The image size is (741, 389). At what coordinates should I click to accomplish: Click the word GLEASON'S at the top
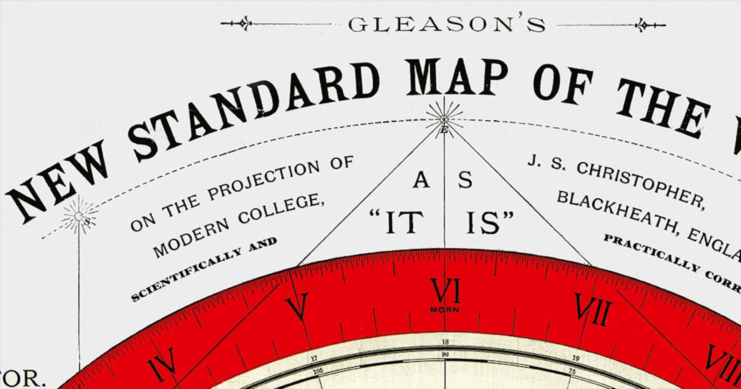pyautogui.click(x=447, y=25)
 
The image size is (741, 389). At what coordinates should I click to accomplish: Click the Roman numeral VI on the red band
pyautogui.click(x=445, y=291)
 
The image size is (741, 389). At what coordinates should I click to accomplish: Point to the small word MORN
pyautogui.click(x=444, y=310)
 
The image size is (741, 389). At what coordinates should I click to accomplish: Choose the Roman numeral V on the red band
pyautogui.click(x=298, y=306)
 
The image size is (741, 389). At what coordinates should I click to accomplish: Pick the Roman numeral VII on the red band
pyautogui.click(x=593, y=309)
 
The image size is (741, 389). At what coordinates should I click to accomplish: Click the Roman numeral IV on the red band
pyautogui.click(x=162, y=363)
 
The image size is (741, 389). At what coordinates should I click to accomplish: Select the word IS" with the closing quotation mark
pyautogui.click(x=489, y=222)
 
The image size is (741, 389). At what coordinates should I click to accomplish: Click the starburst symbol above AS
pyautogui.click(x=444, y=118)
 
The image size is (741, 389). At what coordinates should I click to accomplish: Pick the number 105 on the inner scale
pyautogui.click(x=318, y=371)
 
